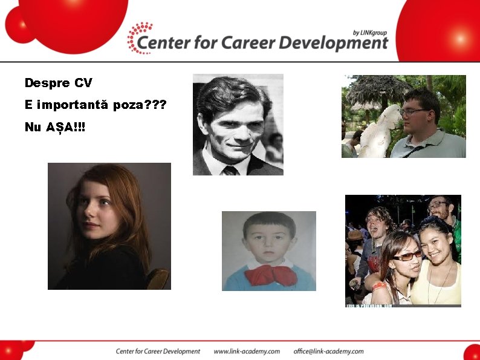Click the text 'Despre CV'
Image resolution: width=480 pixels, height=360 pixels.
click(58, 82)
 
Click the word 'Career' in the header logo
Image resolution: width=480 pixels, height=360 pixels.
click(247, 43)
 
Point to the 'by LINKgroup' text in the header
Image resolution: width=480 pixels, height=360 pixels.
click(369, 32)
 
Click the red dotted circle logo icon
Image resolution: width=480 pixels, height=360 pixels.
click(140, 38)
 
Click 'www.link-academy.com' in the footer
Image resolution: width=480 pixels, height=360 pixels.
click(247, 351)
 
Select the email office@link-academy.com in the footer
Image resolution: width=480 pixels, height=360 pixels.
click(328, 351)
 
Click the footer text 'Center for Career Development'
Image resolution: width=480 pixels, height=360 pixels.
click(158, 351)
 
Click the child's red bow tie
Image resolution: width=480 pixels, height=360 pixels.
click(270, 274)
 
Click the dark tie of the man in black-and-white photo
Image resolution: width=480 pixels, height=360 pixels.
click(230, 170)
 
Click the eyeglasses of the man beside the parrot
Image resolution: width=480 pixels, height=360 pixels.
click(413, 111)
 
